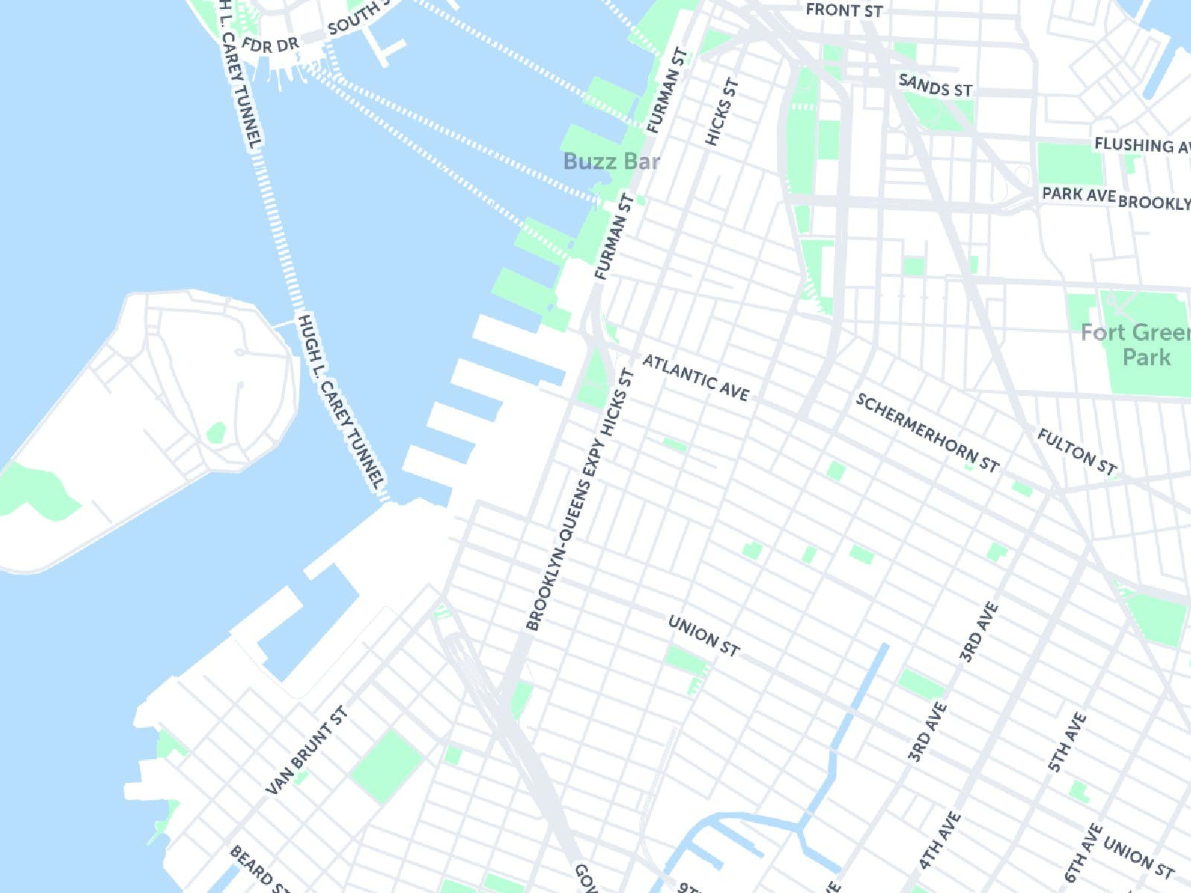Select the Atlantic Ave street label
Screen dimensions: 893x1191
point(696,378)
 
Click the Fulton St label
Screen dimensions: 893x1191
point(1077,452)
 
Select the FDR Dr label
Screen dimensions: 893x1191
point(270,45)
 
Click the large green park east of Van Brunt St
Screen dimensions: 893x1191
point(386,767)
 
